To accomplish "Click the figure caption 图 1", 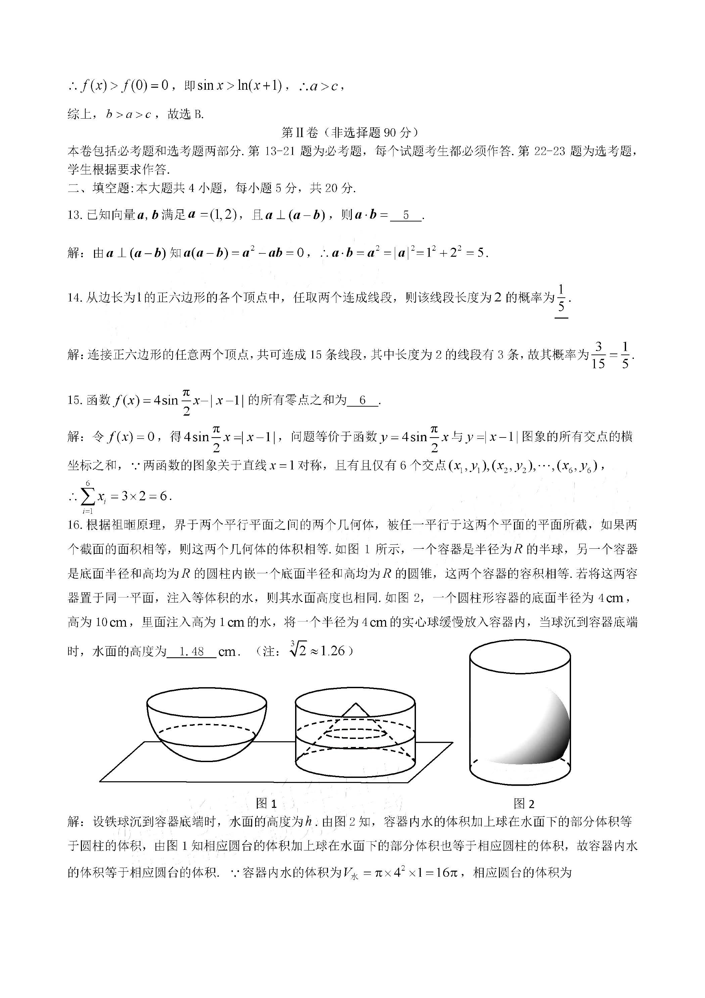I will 266,803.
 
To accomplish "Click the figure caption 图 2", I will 523,803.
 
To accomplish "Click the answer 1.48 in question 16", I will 192,651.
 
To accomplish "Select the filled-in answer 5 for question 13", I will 406,215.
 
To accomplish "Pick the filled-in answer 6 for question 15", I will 363,400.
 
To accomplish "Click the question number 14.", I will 75,298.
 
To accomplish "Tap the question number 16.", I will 75,525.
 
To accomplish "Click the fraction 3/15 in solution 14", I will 598,355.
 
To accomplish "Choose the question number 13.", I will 75,215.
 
